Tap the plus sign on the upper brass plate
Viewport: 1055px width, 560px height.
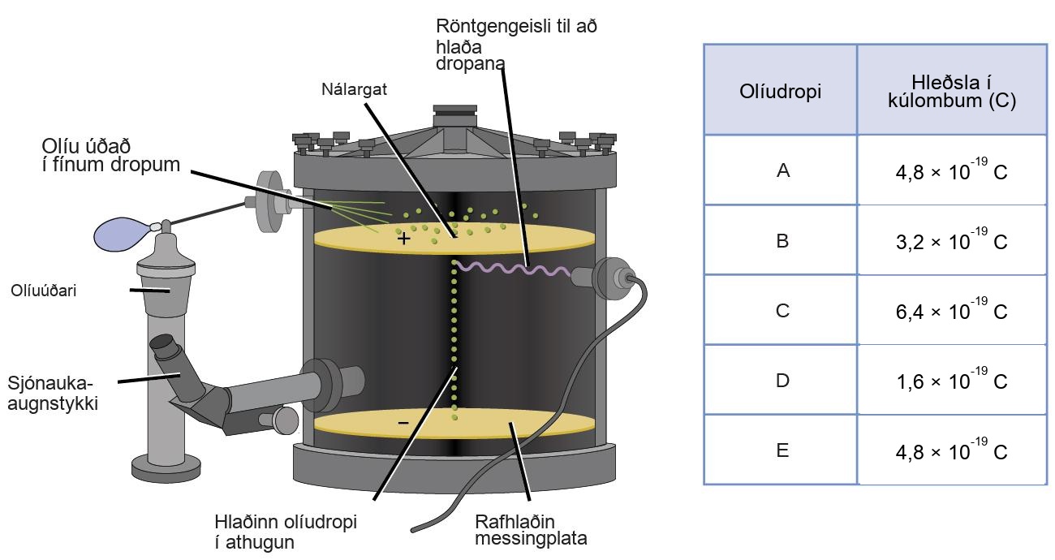(403, 239)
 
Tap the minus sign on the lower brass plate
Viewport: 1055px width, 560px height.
(403, 423)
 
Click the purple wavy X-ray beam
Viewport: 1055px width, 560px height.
(512, 269)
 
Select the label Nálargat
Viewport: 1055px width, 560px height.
(354, 89)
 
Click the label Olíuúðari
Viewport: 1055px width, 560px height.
(43, 291)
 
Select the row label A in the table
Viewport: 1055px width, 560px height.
(783, 170)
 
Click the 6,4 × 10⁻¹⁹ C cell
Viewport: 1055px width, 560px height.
(951, 309)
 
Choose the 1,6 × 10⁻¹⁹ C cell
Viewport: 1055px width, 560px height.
(951, 379)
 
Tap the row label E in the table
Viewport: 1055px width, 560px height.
(782, 450)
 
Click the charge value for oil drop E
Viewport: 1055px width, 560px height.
(951, 450)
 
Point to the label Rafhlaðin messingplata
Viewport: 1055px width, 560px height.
(531, 530)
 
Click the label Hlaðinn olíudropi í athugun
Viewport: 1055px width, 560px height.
(286, 532)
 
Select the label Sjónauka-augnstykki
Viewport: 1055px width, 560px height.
(53, 394)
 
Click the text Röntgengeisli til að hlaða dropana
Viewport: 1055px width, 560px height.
(516, 45)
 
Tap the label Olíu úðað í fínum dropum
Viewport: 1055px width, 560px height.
(111, 156)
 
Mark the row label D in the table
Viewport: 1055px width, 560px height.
(783, 381)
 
